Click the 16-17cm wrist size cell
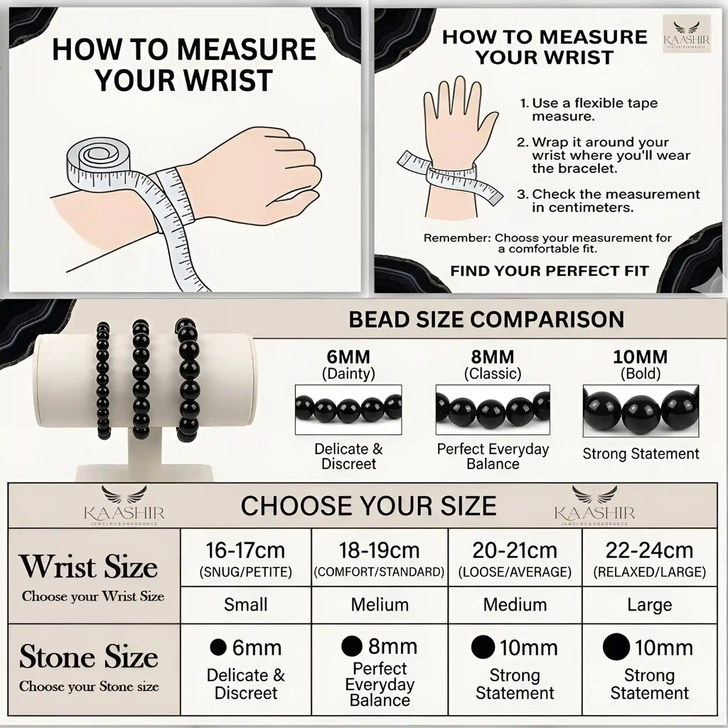pos(245,557)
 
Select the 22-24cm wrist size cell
pos(650,557)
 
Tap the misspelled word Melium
pos(380,604)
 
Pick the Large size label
pos(650,604)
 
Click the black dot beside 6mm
pos(218,647)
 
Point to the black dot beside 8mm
pos(352,646)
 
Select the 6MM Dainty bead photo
pos(348,409)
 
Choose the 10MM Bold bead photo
pos(641,411)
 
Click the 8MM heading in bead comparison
pos(493,357)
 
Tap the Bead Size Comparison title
pos(486,319)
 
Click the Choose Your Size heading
pos(369,505)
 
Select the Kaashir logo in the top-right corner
pos(687,33)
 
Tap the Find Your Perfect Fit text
pos(550,271)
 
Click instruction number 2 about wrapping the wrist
pos(604,155)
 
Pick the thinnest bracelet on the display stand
pos(103,381)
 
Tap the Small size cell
pos(245,604)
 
